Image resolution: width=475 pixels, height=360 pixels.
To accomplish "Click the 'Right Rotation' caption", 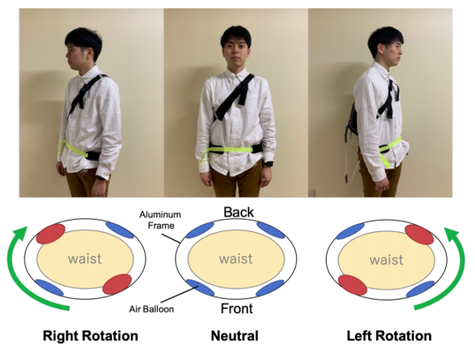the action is click(90, 336).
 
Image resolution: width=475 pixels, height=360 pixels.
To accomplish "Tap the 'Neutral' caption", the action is click(235, 336).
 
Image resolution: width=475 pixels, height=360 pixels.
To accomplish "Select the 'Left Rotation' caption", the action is click(389, 336).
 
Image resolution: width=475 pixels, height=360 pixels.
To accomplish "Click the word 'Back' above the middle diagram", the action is click(238, 212).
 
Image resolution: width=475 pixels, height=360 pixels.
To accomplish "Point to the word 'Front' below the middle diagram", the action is click(237, 308).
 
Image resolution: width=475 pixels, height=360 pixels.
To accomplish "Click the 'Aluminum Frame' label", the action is click(160, 220).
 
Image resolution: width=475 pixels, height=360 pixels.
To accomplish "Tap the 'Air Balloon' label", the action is click(151, 309).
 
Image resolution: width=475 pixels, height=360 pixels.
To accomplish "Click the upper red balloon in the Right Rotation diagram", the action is click(50, 234).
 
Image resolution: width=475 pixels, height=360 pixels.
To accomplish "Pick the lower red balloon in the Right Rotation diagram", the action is click(117, 284).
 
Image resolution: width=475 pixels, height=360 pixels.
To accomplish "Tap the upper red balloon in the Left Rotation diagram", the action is click(419, 234).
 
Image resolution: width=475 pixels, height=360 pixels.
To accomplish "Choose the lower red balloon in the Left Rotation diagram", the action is click(353, 285).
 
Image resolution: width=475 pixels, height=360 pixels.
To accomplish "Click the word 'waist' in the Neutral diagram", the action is click(236, 259).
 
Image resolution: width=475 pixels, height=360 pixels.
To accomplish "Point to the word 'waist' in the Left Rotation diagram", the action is click(386, 260).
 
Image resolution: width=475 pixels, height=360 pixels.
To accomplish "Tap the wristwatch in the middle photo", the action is click(267, 164).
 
